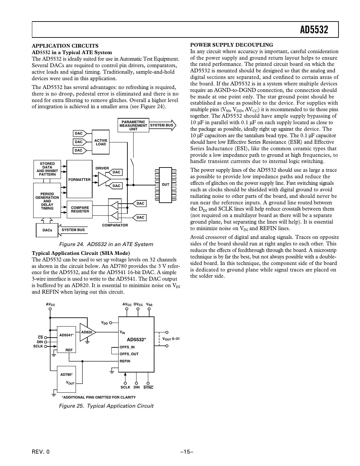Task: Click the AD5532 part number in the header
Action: (314, 30)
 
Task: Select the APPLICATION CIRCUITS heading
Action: (65, 46)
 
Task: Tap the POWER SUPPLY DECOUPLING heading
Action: (231, 45)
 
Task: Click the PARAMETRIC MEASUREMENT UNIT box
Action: (133, 125)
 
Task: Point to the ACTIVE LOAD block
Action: (101, 142)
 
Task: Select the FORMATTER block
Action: (79, 179)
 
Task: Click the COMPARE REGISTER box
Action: (80, 209)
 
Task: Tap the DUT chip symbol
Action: (166, 184)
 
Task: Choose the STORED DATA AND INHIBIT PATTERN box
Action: (47, 169)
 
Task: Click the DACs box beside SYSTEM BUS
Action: (47, 230)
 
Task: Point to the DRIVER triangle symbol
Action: (104, 179)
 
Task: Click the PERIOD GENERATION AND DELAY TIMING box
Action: (47, 200)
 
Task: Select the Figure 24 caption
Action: (106, 244)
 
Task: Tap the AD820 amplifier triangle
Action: (87, 332)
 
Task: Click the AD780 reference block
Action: (66, 379)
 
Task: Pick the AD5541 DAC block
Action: (66, 339)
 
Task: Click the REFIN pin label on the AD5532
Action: (125, 361)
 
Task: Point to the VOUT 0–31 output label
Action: (171, 339)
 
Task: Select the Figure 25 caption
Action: (106, 406)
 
